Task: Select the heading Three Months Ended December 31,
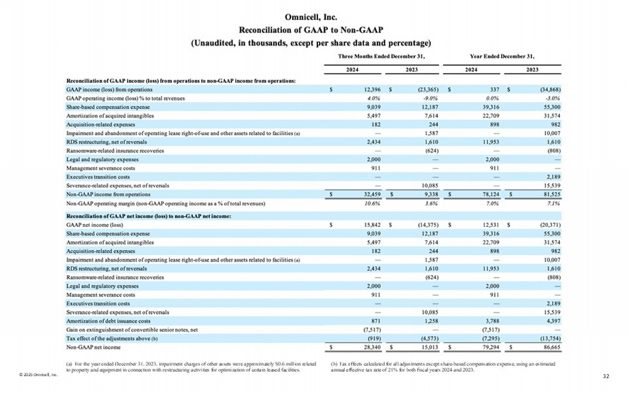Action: (x=382, y=56)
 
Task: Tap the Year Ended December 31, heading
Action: (x=501, y=56)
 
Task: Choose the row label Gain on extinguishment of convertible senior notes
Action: (x=132, y=330)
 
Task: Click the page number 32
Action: (x=607, y=376)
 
